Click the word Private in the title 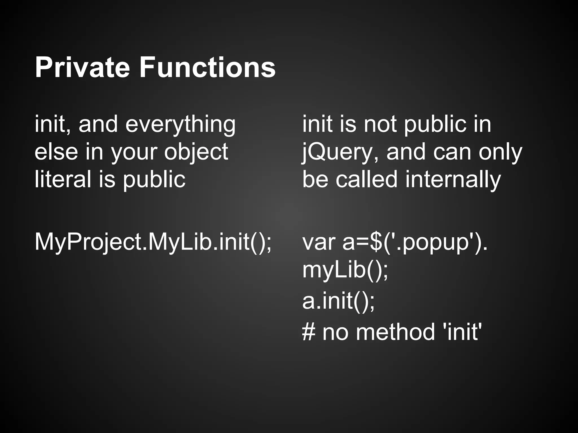click(x=82, y=68)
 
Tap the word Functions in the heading click(x=207, y=68)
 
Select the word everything click(x=180, y=125)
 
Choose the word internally click(x=453, y=179)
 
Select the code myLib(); click(x=345, y=270)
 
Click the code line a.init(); click(x=338, y=301)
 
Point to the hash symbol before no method click(x=308, y=332)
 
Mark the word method click(x=395, y=332)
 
